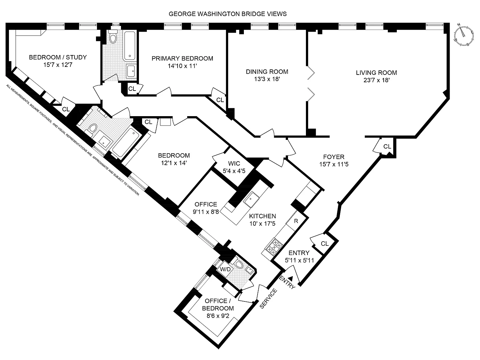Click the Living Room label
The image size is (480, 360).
(376, 73)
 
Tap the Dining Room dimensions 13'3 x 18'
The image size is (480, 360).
(267, 79)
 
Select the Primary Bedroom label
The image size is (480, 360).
(182, 58)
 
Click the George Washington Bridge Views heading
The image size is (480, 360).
(228, 14)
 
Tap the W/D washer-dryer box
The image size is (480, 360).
(225, 269)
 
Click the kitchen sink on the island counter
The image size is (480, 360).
(251, 199)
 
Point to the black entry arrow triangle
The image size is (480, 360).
(291, 278)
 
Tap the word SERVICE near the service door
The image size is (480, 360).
(268, 298)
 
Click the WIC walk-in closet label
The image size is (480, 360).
(234, 163)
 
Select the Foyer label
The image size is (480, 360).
(334, 157)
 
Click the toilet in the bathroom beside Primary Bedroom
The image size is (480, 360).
(113, 37)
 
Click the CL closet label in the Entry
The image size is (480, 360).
(325, 244)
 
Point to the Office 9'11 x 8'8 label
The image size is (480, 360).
(206, 208)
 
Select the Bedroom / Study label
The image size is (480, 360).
(58, 57)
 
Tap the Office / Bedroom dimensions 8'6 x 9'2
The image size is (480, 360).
(218, 316)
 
